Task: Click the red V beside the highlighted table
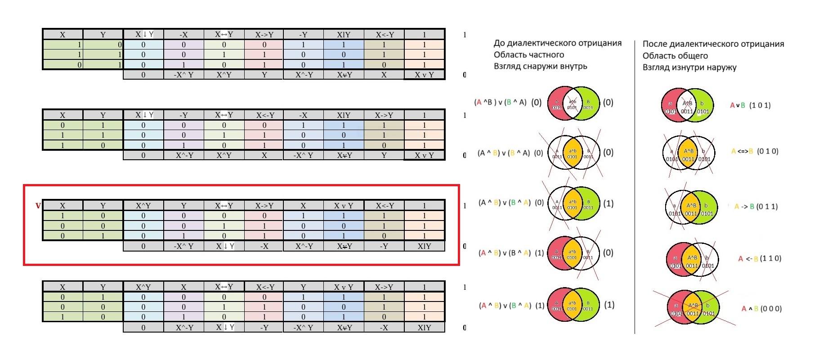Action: pos(38,206)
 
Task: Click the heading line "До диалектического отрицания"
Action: pos(557,43)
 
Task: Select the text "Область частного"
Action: pos(528,55)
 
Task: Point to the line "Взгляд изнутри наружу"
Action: pos(689,67)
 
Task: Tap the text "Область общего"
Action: pos(675,56)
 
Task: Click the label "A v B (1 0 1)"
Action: pos(750,105)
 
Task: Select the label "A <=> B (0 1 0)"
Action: pos(754,151)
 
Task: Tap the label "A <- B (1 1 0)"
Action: pos(759,258)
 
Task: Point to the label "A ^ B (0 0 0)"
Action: pos(761,309)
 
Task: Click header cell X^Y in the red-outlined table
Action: pos(143,206)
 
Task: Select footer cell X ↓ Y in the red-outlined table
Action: pos(224,246)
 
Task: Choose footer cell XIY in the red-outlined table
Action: pos(424,246)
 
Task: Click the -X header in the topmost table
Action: pos(183,35)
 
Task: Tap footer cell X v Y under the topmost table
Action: pos(424,75)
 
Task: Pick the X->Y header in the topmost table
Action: pos(264,35)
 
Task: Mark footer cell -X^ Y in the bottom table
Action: pos(303,328)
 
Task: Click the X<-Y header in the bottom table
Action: pos(264,287)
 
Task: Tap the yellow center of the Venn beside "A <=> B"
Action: pos(688,152)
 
